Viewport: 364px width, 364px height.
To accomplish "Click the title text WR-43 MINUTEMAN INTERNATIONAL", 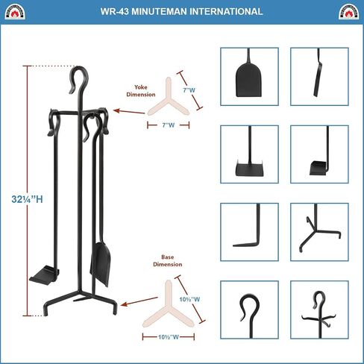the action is pyautogui.click(x=181, y=11).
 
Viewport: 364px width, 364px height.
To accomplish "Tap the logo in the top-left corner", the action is pyautogui.click(x=15, y=12).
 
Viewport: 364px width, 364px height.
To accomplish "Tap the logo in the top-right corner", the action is pyautogui.click(x=348, y=12).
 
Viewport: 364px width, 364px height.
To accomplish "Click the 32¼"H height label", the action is pyautogui.click(x=27, y=199).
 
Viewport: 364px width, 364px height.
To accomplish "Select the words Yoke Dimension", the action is pyautogui.click(x=141, y=91).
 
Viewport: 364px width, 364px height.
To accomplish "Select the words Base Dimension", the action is pyautogui.click(x=168, y=260).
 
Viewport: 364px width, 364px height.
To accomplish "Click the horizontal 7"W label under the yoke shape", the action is pyautogui.click(x=169, y=125).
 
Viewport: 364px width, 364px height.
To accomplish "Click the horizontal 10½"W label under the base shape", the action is pyautogui.click(x=169, y=337).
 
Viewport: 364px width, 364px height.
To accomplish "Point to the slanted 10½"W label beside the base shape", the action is pyautogui.click(x=189, y=299).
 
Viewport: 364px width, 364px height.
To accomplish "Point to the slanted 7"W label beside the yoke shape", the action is pyautogui.click(x=189, y=90).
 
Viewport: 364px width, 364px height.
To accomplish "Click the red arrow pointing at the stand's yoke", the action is pyautogui.click(x=129, y=112).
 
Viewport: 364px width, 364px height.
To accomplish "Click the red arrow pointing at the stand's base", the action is pyautogui.click(x=139, y=301).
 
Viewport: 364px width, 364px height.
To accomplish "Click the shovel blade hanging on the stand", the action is pyautogui.click(x=101, y=264).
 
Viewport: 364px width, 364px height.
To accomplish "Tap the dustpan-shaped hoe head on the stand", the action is pyautogui.click(x=44, y=275).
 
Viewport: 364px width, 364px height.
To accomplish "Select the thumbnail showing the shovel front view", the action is pyautogui.click(x=249, y=77).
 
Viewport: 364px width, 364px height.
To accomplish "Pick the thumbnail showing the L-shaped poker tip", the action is pyautogui.click(x=249, y=232).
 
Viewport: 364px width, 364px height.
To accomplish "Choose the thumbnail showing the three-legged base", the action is pyautogui.click(x=319, y=232).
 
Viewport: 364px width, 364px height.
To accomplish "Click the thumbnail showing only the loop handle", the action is pyautogui.click(x=249, y=310).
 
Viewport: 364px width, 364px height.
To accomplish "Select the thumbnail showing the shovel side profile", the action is pyautogui.click(x=319, y=77).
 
